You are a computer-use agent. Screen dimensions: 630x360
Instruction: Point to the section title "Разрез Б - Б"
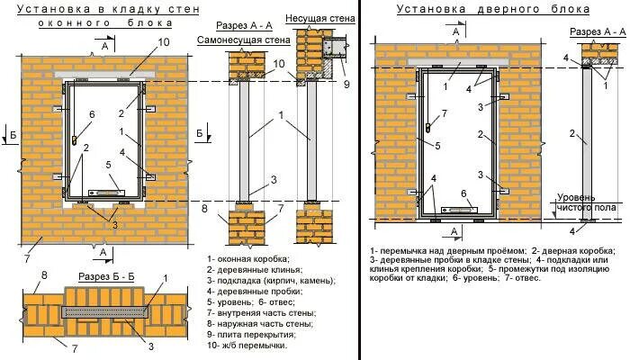pyautogui.click(x=106, y=274)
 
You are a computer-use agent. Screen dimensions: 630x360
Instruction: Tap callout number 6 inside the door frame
pyautogui.click(x=463, y=193)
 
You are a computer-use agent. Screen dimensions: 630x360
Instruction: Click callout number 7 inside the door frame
pyautogui.click(x=443, y=114)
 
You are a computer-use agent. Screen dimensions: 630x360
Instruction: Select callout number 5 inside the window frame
pyautogui.click(x=108, y=165)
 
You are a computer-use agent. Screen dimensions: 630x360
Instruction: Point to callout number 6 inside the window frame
pyautogui.click(x=91, y=115)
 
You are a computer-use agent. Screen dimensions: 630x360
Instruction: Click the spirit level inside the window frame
pyautogui.click(x=107, y=191)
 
